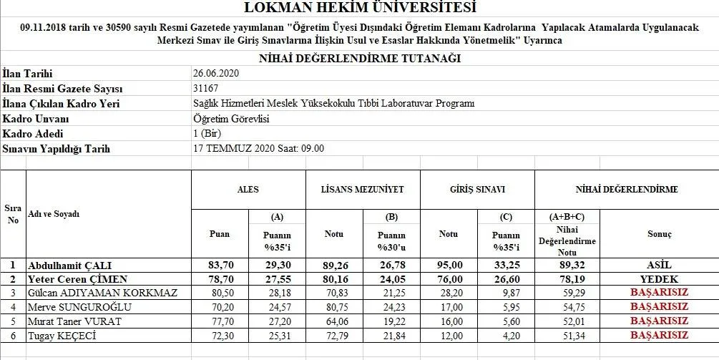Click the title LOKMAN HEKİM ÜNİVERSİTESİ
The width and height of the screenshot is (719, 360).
coord(359,9)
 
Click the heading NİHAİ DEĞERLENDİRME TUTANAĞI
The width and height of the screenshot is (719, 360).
coord(359,59)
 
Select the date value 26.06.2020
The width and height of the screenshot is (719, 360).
coord(215,74)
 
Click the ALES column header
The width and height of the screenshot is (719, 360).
coord(248,190)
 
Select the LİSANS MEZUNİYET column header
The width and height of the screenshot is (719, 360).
coord(363,190)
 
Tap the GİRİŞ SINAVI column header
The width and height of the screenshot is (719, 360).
coord(477,190)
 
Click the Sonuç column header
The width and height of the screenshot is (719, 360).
coord(659,234)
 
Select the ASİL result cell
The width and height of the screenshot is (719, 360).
coord(659,265)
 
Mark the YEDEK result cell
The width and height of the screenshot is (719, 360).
coord(659,279)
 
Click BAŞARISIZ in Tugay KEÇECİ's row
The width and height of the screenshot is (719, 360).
coord(659,335)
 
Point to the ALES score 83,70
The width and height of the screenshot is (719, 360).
coord(219,265)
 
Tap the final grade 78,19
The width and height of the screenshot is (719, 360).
coord(566,279)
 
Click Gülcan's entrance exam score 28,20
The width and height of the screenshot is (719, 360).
coord(449,293)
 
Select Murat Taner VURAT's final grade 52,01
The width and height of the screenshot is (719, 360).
coord(566,321)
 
